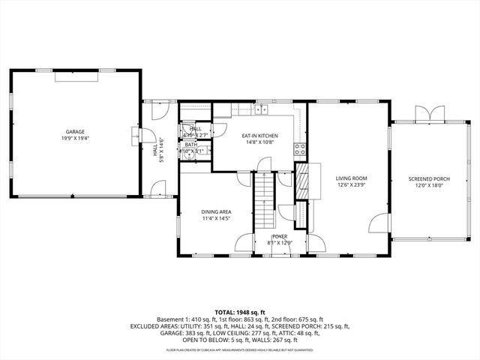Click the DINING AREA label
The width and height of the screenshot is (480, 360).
[x=215, y=211]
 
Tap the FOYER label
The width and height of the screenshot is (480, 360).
[x=279, y=237]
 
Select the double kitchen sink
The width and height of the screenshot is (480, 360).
[x=261, y=111]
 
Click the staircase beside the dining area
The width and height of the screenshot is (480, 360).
[x=263, y=195]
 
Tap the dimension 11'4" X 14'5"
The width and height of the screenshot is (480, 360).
[x=215, y=218]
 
